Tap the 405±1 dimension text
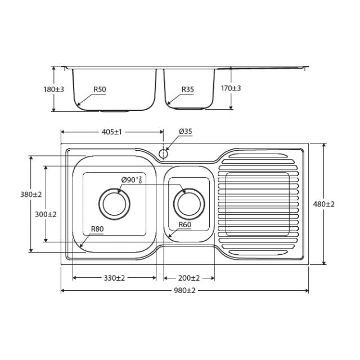[x=111, y=132]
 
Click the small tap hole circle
[x=164, y=153]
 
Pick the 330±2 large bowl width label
[x=114, y=278]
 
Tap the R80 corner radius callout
[x=98, y=229]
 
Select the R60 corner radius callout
[x=184, y=225]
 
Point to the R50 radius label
[x=100, y=89]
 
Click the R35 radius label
[x=188, y=89]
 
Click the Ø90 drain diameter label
[x=132, y=180]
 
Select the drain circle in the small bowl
[x=188, y=204]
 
